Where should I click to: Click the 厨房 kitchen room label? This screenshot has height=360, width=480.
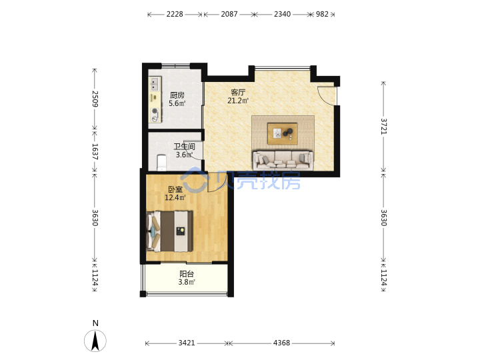click(x=177, y=95)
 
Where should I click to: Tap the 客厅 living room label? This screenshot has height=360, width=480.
click(x=238, y=92)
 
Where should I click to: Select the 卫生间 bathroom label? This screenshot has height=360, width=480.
click(x=184, y=147)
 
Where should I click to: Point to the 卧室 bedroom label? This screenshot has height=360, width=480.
click(x=175, y=189)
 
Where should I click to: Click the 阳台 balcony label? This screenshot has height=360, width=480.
click(x=187, y=274)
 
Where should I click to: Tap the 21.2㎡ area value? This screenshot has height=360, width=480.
click(x=238, y=101)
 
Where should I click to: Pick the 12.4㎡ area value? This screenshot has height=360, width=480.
click(x=175, y=198)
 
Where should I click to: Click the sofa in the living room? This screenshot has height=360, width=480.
click(x=283, y=160)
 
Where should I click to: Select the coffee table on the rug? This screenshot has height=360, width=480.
click(x=282, y=133)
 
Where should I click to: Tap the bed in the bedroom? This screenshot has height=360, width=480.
click(x=169, y=231)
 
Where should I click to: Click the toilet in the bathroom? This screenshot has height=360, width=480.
click(x=161, y=163)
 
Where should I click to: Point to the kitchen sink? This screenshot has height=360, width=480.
click(x=155, y=83)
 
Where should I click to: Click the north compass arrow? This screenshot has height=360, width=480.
click(x=95, y=341)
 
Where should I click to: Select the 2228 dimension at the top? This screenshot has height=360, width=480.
click(x=175, y=14)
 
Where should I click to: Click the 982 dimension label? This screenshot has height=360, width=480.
click(x=322, y=14)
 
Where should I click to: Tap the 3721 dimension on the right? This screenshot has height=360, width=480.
click(x=383, y=127)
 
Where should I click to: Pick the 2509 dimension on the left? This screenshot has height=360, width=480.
click(x=95, y=99)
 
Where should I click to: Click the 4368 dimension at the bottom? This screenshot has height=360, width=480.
click(x=281, y=343)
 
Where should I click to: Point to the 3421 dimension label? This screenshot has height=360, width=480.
click(x=187, y=343)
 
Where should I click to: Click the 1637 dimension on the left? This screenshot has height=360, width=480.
click(x=95, y=151)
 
